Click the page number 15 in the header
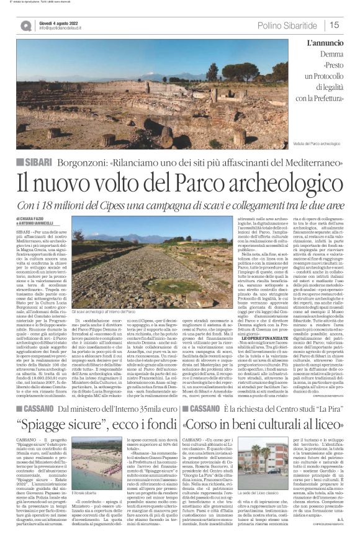pos(334,25)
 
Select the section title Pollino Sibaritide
pos(289,25)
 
